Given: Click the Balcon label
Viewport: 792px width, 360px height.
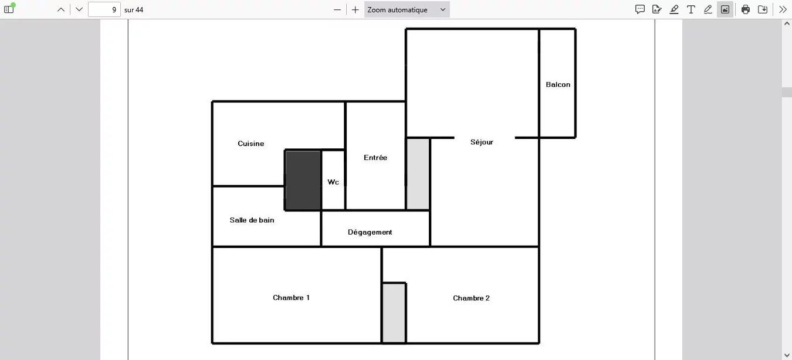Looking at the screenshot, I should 557,84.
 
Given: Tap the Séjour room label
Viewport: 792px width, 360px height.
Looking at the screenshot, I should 482,142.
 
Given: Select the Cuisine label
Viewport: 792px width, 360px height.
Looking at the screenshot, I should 251,144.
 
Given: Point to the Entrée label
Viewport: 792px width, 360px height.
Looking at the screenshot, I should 375,158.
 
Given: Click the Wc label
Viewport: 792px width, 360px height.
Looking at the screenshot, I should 333,182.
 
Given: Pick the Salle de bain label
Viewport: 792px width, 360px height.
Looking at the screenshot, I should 252,220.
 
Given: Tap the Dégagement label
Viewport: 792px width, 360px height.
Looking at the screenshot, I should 370,232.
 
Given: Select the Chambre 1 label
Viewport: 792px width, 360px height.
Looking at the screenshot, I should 291,297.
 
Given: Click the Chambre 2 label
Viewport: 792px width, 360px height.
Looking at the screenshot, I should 471,298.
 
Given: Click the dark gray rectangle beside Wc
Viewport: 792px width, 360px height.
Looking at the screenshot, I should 303,180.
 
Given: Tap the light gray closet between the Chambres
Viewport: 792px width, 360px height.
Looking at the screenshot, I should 394,313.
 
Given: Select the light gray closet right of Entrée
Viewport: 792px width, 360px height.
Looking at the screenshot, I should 418,174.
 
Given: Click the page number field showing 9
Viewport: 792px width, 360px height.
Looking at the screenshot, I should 104,9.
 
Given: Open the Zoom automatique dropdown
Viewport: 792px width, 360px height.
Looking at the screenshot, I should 407,9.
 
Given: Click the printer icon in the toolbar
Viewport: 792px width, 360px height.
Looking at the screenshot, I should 745,9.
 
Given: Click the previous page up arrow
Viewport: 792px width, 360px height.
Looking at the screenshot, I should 60,9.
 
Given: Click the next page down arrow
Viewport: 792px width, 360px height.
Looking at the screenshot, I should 79,9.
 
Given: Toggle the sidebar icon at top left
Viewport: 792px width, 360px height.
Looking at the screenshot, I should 9,9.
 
